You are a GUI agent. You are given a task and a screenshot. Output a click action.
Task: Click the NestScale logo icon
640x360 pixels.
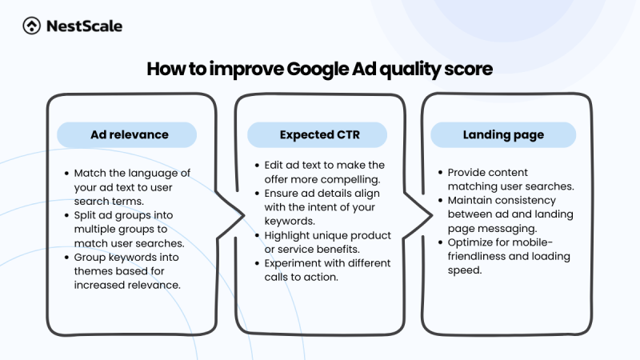[32, 26]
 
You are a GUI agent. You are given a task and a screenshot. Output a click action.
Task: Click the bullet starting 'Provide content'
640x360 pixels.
[504, 178]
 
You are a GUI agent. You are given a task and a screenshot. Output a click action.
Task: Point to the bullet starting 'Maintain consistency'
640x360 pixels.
[504, 214]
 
